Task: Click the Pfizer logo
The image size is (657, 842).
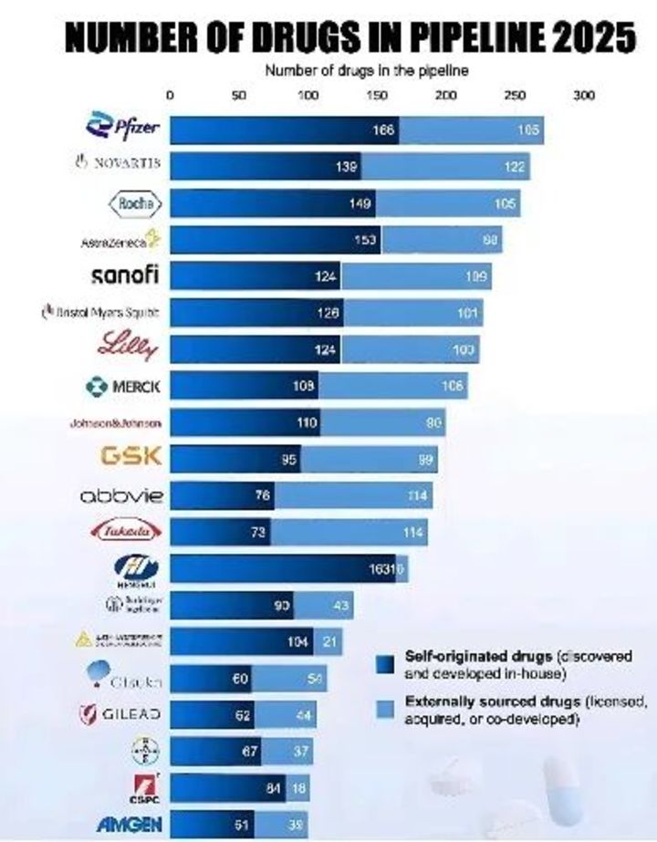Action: (x=116, y=127)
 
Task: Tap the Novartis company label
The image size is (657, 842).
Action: (x=117, y=163)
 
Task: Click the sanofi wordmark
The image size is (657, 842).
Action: (x=126, y=275)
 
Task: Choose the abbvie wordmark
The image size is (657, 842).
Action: (x=121, y=495)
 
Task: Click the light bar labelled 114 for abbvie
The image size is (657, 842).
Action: (x=353, y=496)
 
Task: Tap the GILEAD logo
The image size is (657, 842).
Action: (x=121, y=714)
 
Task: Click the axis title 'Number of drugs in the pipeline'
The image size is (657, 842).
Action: (x=366, y=71)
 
